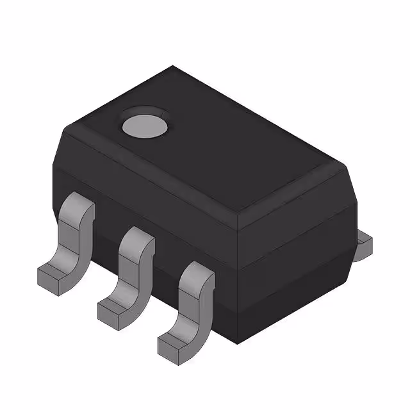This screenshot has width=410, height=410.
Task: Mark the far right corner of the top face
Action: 333,165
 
